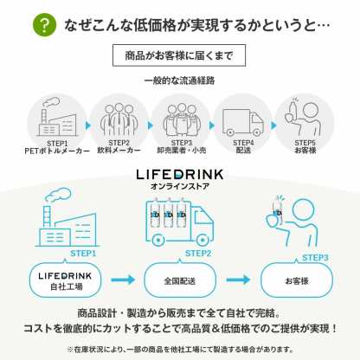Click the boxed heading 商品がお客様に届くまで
pos(179,56)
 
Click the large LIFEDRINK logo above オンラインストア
pos(181,173)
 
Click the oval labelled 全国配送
pos(179,280)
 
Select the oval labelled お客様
pos(296,280)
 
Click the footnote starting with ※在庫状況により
pos(179,350)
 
